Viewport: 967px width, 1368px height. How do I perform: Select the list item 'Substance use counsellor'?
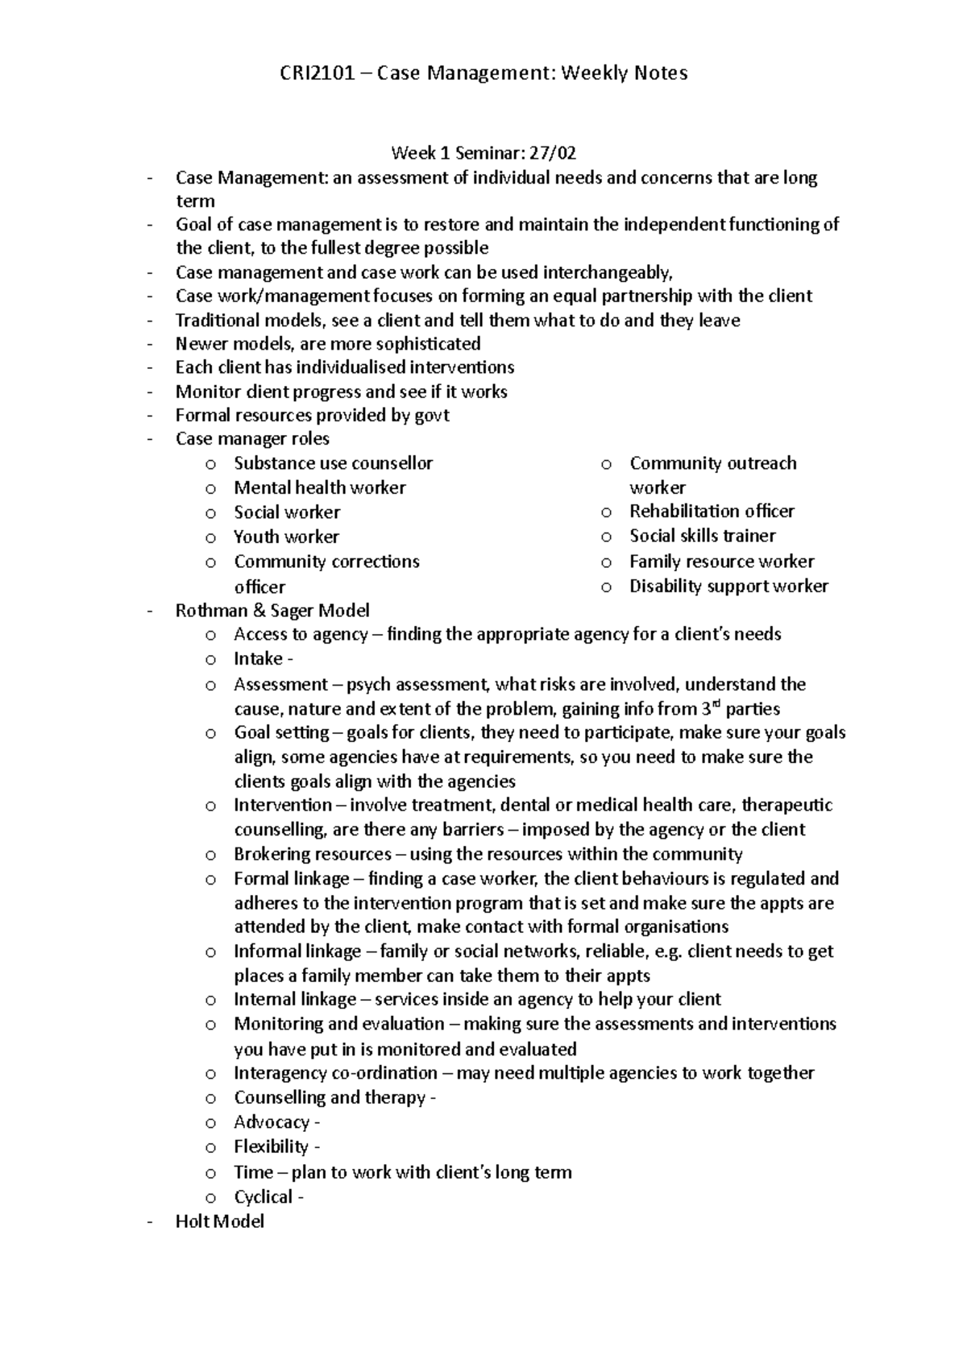pyautogui.click(x=333, y=463)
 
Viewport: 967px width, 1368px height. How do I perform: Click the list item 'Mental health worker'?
pyautogui.click(x=319, y=487)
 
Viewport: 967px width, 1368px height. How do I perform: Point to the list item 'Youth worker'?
pyautogui.click(x=286, y=537)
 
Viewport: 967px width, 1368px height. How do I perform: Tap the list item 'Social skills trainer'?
pyautogui.click(x=702, y=536)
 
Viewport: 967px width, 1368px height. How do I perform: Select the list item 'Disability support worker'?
pyautogui.click(x=728, y=587)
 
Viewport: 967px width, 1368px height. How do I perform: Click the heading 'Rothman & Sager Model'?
pyautogui.click(x=272, y=611)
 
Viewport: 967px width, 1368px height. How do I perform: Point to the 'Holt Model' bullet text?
pyautogui.click(x=219, y=1221)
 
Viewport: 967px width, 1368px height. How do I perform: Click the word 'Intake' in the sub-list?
pyautogui.click(x=257, y=659)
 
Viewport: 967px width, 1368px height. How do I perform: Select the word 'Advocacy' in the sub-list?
pyautogui.click(x=271, y=1122)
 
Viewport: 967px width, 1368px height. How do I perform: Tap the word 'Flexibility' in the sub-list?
pyautogui.click(x=271, y=1146)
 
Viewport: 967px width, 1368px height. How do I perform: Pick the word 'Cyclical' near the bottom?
pyautogui.click(x=263, y=1197)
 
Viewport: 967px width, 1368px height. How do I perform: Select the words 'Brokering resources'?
pyautogui.click(x=312, y=854)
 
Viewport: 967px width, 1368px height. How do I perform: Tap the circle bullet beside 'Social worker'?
pyautogui.click(x=210, y=513)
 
